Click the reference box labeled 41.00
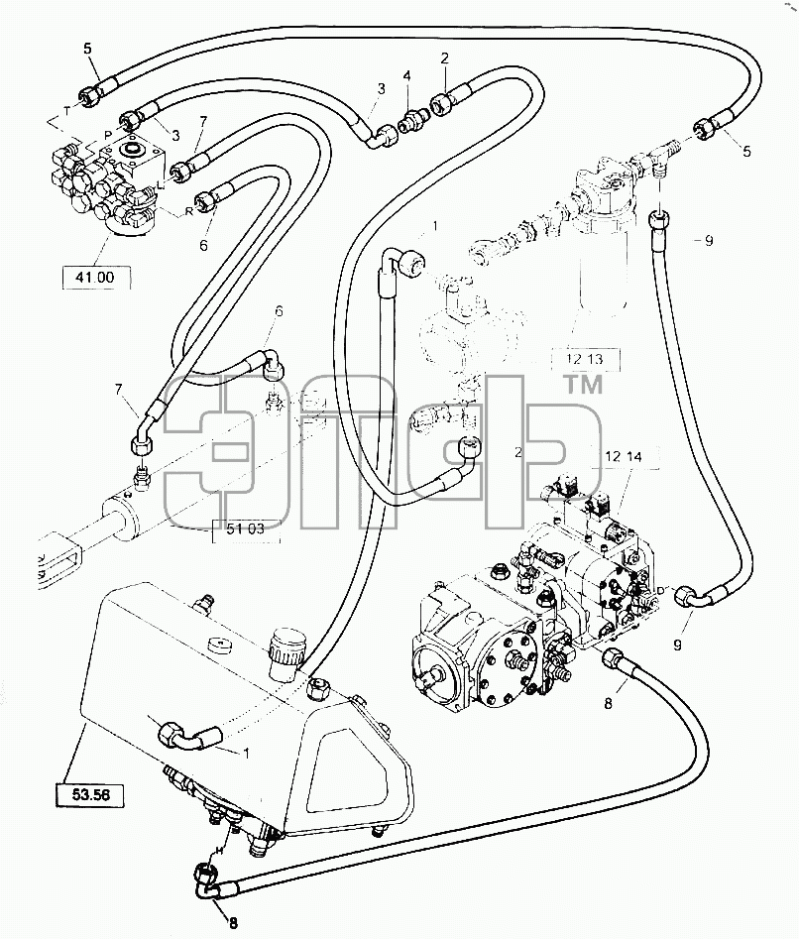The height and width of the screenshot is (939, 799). (x=96, y=278)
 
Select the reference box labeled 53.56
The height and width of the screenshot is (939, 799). (x=90, y=794)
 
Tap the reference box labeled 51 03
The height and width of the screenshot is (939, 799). (x=246, y=529)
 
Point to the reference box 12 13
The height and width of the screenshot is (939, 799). (x=585, y=359)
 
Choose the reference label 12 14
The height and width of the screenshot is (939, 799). (x=624, y=457)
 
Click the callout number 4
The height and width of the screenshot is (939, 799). (x=407, y=76)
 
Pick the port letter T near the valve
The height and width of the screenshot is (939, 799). (x=67, y=111)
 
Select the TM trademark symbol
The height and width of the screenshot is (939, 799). (x=584, y=385)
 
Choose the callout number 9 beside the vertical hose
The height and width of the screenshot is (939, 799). (x=709, y=241)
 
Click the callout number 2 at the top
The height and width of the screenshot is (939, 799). (x=444, y=59)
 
